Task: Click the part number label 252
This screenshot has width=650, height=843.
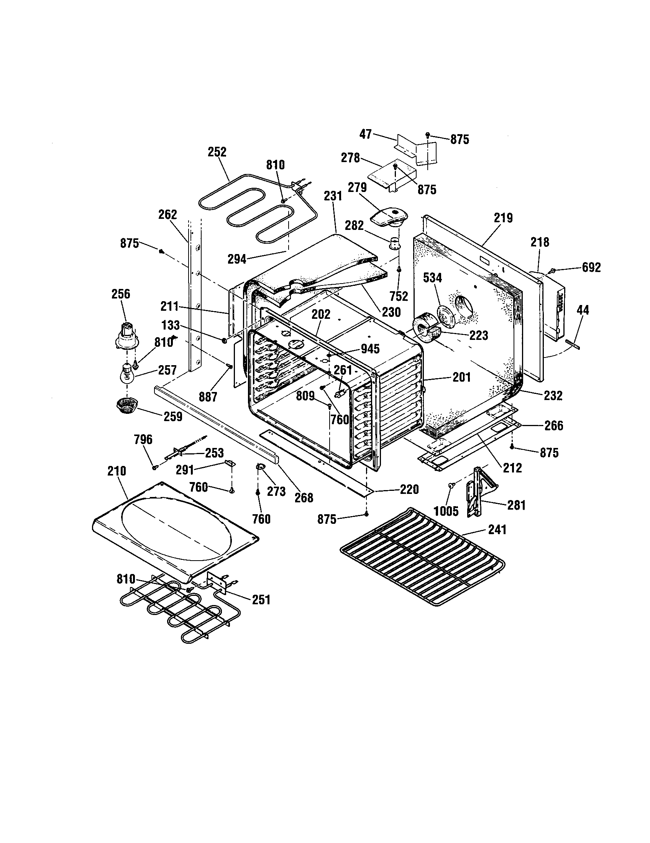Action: point(217,152)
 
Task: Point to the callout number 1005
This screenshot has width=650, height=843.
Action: point(446,511)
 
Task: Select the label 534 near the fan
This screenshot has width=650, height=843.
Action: point(432,277)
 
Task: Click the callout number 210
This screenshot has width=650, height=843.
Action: point(117,471)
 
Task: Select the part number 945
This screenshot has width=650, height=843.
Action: point(370,349)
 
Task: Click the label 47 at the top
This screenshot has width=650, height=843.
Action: point(365,134)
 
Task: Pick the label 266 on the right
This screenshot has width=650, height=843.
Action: point(553,426)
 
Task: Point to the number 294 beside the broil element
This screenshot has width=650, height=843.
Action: point(236,259)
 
